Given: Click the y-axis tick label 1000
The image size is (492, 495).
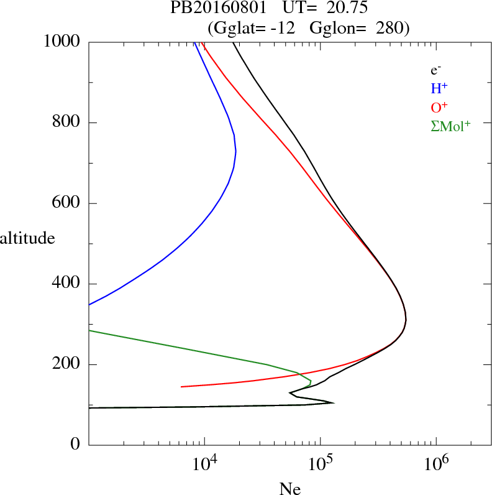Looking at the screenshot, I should [x=62, y=42].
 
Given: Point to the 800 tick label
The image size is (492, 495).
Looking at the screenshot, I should [x=66, y=123].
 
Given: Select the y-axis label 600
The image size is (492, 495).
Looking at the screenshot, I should [x=66, y=203].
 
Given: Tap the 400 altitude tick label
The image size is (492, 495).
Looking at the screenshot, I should [x=66, y=284].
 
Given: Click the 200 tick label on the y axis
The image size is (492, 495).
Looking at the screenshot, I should [x=66, y=364].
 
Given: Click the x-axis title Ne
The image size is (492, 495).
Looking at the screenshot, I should [x=289, y=489].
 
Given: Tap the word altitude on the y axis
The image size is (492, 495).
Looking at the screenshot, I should [x=27, y=238].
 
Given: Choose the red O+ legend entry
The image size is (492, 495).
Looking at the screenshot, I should [x=439, y=107].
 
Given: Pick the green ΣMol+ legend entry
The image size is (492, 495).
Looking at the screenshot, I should [x=450, y=126].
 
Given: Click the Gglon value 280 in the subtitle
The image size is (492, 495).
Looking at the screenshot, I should [x=391, y=27].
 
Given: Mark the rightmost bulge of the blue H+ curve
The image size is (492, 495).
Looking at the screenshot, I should [x=235, y=151].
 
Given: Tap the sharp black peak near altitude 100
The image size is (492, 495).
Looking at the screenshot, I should [x=334, y=403].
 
